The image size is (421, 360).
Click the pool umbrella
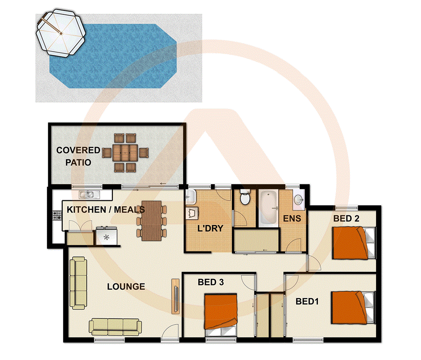click(x=61, y=34)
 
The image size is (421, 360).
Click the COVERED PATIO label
click(x=78, y=156)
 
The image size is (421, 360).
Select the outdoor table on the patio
click(x=125, y=153)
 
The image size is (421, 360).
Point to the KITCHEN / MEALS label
click(x=106, y=210)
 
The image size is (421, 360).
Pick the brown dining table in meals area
click(x=151, y=221)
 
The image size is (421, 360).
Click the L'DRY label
click(x=210, y=228)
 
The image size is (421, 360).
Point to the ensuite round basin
click(x=298, y=199)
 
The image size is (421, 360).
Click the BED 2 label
click(x=347, y=219)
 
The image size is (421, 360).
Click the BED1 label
click(x=307, y=301)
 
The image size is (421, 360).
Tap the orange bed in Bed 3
click(x=220, y=311)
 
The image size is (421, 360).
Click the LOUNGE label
click(x=126, y=287)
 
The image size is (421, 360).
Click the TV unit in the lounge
click(x=175, y=296)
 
